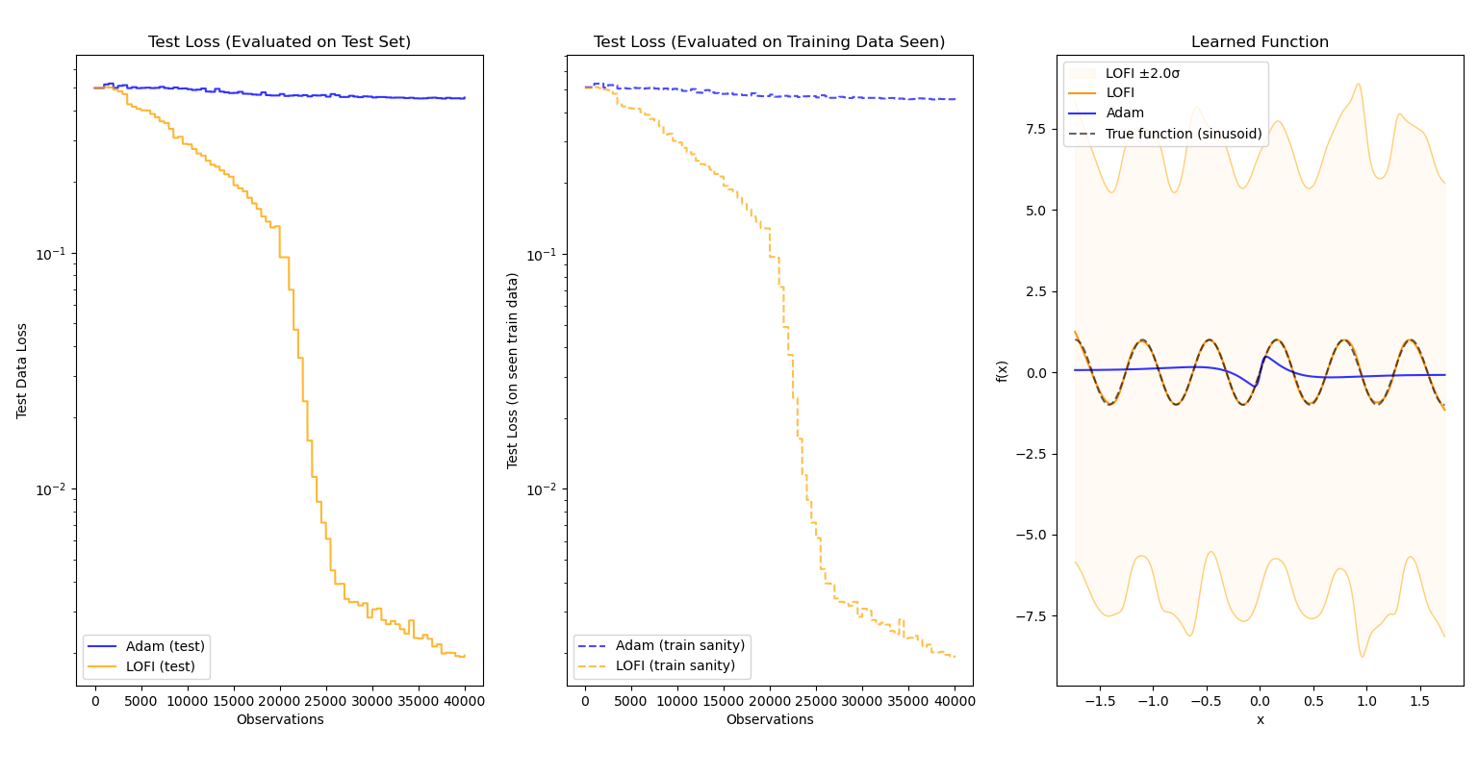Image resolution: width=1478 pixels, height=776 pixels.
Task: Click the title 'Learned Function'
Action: pos(1260,42)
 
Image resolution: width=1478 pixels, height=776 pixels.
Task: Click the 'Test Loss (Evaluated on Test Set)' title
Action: pos(279,42)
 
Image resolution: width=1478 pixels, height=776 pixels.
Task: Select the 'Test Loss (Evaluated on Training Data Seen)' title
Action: pos(769,42)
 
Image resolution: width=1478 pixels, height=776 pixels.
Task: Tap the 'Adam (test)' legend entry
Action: pos(160,646)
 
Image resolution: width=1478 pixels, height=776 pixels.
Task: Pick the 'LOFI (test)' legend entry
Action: pos(160,666)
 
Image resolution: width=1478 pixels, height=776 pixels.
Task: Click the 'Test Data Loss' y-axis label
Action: pos(22,370)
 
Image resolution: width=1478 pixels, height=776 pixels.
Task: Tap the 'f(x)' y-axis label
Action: pos(1003,371)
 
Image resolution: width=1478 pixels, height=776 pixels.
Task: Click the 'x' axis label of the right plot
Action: pos(1260,720)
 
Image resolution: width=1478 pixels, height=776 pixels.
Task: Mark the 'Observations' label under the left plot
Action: pos(279,720)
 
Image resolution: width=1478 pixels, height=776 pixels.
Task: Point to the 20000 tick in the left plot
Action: pos(279,701)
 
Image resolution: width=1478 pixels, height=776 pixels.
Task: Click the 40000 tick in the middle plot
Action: pos(955,701)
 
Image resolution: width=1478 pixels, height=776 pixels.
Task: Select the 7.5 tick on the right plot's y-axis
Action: pos(1035,129)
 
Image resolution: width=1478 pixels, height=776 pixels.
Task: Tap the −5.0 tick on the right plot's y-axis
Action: pos(1032,535)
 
